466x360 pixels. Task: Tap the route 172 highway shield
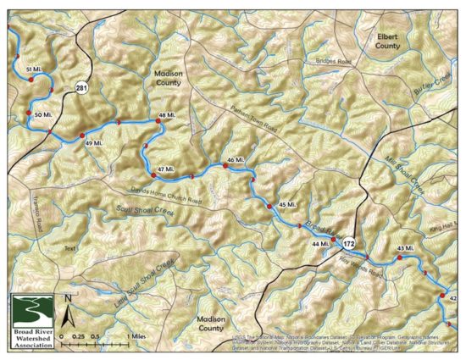[349, 244]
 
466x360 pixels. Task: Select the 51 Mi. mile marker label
[35, 68]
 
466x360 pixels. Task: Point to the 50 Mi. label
[42, 114]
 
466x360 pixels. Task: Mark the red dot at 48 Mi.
[158, 121]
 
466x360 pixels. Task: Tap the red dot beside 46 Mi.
[225, 166]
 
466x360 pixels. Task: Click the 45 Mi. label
[286, 206]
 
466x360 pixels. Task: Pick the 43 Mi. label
[406, 247]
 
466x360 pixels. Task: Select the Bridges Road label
[332, 62]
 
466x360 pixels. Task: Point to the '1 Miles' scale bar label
[138, 335]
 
